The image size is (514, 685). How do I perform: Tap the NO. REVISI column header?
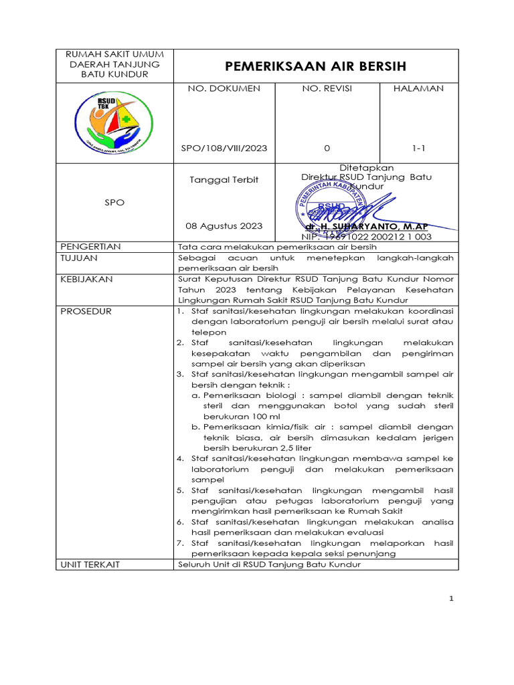pos(327,88)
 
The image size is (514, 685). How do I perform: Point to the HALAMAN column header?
pos(419,88)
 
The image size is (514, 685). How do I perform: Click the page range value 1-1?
pos(419,148)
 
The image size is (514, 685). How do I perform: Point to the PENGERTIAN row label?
pos(90,246)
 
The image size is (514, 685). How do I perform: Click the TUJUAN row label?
pos(79,258)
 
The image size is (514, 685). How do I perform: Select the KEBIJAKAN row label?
pos(86,279)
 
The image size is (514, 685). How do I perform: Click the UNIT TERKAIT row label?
pos(90,565)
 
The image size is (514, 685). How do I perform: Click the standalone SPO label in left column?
pos(114,202)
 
